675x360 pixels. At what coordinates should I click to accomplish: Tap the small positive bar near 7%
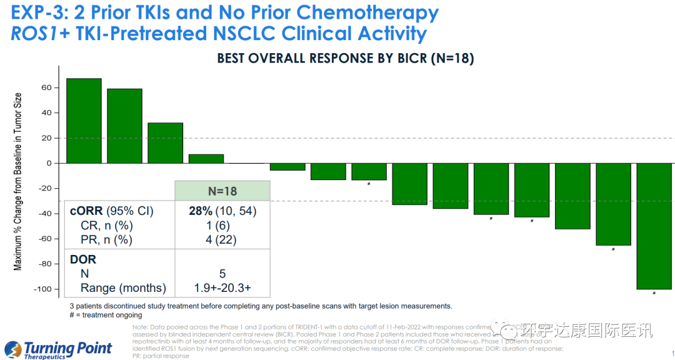click(206, 159)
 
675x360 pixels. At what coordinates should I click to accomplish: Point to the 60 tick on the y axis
click(46, 87)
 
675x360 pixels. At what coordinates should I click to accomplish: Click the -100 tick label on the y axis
click(42, 289)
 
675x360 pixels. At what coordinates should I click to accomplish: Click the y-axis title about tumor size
click(17, 181)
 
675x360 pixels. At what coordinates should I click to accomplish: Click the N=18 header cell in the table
click(222, 191)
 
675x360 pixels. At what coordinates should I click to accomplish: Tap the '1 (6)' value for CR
click(222, 225)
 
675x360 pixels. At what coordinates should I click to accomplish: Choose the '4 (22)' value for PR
click(222, 239)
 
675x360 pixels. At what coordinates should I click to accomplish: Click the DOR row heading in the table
click(84, 259)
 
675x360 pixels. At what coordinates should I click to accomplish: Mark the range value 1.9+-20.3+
click(222, 288)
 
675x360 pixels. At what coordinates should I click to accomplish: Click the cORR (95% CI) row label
click(111, 211)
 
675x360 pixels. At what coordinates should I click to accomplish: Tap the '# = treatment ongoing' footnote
click(106, 315)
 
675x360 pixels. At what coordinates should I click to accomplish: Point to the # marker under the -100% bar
click(654, 292)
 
